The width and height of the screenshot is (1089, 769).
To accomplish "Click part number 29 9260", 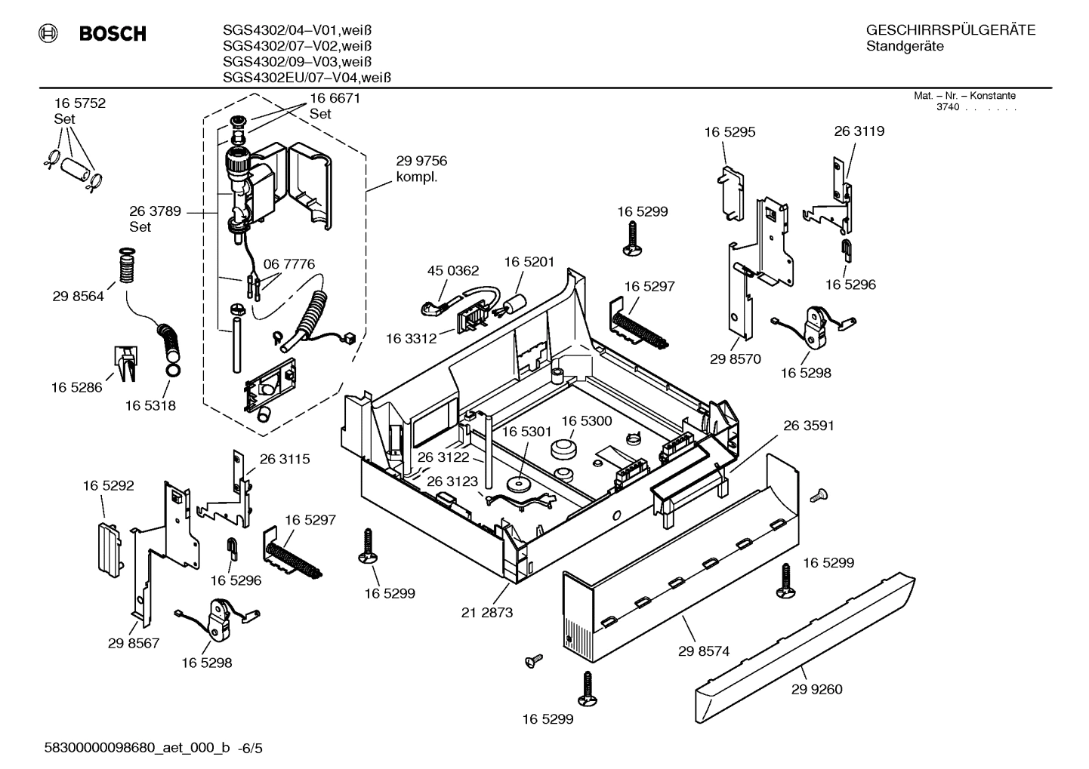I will click(x=816, y=689).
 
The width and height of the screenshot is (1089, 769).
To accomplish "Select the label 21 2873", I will click(x=487, y=612).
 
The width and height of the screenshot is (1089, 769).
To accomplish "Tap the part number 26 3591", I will click(x=808, y=426).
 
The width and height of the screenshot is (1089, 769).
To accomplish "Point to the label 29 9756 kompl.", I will click(x=421, y=169).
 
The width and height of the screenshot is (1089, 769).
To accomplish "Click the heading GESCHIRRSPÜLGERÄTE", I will click(x=950, y=30).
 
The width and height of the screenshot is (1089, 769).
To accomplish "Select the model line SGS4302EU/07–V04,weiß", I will click(x=306, y=77).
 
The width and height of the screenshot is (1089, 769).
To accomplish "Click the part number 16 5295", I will click(x=730, y=132).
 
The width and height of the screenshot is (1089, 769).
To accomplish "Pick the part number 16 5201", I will click(x=529, y=262).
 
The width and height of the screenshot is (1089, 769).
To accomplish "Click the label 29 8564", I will click(x=78, y=297).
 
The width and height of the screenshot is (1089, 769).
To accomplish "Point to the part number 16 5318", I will click(x=150, y=405).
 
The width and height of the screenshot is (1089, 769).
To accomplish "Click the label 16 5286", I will click(x=76, y=387).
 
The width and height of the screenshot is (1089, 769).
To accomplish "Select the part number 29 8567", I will click(x=134, y=643).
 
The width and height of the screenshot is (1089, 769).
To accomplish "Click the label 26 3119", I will click(x=859, y=131).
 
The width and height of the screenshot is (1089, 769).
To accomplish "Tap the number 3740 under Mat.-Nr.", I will click(x=947, y=107).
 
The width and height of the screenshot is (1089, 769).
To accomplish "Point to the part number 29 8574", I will click(x=704, y=651).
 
